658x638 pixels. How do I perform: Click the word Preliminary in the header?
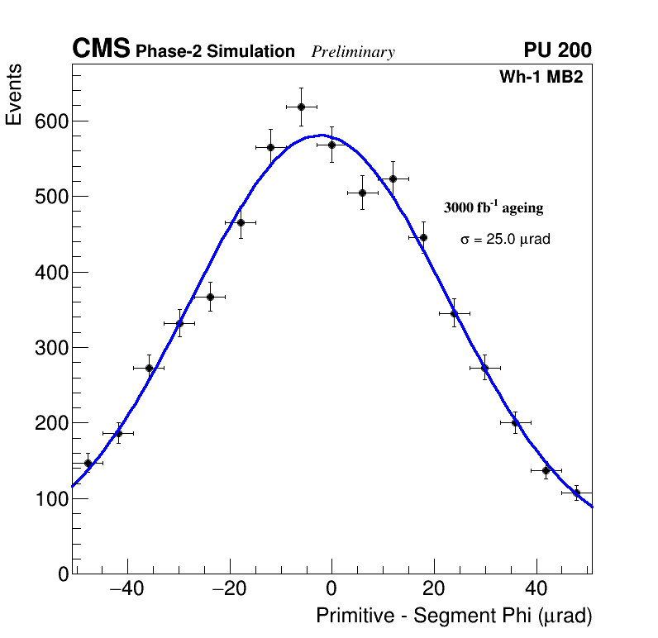[x=353, y=52]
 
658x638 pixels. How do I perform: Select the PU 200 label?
[x=557, y=50]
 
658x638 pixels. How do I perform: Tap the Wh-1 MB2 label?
[x=546, y=78]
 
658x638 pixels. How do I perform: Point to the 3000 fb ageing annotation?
[x=493, y=207]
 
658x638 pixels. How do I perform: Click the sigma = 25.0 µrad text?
[x=505, y=239]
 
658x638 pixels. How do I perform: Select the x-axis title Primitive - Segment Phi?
[x=454, y=616]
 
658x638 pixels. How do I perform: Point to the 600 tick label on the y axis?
[x=51, y=121]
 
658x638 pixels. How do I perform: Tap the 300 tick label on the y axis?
[x=51, y=348]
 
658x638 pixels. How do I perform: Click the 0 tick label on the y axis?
[x=64, y=574]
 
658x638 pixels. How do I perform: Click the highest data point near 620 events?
[x=301, y=107]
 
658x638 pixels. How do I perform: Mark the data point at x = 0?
[x=331, y=145]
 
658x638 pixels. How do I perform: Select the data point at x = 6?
[x=362, y=193]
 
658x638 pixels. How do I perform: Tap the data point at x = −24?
[x=210, y=297]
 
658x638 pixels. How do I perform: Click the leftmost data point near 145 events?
[x=88, y=463]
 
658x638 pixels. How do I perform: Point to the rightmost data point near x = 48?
[x=577, y=493]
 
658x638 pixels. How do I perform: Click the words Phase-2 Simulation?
[x=215, y=52]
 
